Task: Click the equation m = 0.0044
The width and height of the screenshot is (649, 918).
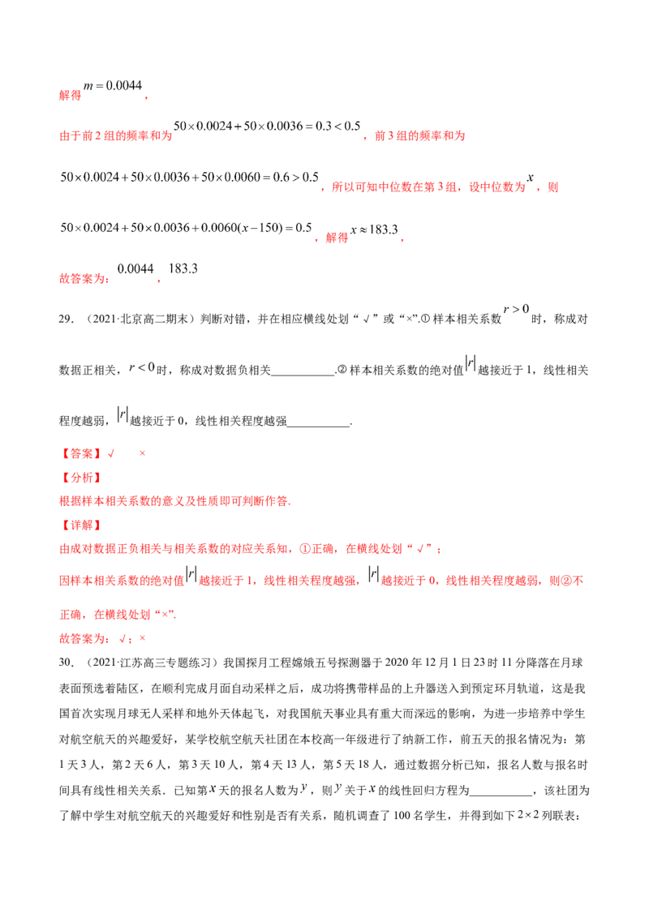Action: [113, 85]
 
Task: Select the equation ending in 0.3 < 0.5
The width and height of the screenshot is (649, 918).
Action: [267, 126]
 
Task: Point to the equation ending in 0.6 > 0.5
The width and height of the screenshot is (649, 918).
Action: [189, 177]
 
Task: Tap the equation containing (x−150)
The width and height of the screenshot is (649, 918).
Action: [186, 228]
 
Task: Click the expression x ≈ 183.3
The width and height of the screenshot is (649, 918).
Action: [374, 229]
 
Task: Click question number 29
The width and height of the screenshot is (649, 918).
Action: [67, 319]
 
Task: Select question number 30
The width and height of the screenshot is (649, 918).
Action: [67, 663]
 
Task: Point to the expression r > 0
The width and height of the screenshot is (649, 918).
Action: [516, 309]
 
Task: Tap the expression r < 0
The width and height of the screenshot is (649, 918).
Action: [142, 367]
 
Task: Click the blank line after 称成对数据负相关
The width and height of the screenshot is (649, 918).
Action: [303, 375]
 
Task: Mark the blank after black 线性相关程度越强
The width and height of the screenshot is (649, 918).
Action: [318, 427]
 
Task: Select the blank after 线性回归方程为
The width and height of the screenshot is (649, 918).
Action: [501, 796]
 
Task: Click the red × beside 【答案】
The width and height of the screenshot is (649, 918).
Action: [142, 454]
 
